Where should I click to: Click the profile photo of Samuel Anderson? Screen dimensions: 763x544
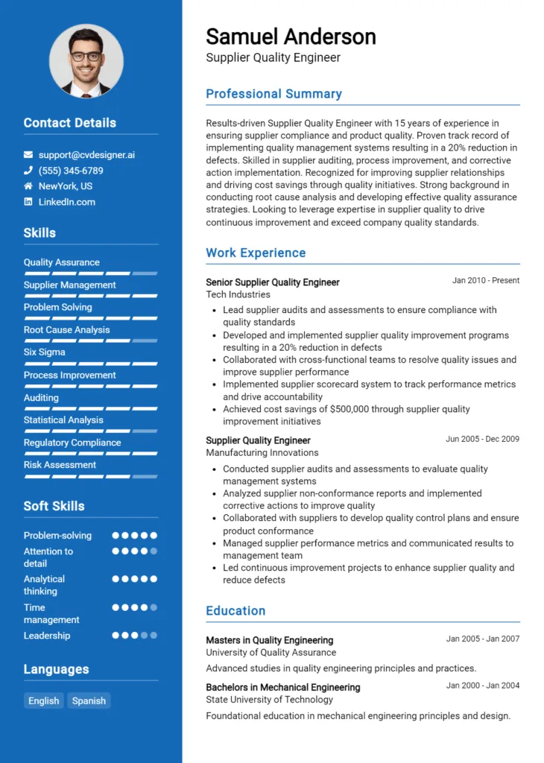pos(86,61)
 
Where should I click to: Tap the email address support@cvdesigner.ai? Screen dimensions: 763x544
pos(86,155)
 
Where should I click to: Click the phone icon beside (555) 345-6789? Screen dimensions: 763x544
pos(28,171)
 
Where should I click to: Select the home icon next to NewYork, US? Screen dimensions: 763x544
pos(28,186)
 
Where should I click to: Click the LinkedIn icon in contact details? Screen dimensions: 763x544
pos(28,202)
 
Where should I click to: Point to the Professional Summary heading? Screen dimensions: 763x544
pos(273,94)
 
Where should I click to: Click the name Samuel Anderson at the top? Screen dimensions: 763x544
pos(291,37)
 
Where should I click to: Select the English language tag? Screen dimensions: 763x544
pos(44,700)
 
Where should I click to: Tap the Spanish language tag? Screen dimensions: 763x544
pos(89,700)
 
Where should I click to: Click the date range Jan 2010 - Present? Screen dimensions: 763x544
pos(485,281)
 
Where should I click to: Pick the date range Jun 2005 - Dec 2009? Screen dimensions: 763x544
pos(482,439)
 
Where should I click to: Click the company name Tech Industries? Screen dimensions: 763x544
pos(238,294)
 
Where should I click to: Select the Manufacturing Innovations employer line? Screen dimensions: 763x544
pos(262,452)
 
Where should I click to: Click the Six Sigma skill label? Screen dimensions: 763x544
pos(44,352)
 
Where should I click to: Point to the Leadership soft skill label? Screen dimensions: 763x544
pos(47,636)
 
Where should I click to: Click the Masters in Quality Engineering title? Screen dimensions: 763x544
pos(269,640)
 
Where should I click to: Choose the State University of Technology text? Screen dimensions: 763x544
pos(269,700)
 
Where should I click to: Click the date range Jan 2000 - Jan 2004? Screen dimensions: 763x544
pos(482,686)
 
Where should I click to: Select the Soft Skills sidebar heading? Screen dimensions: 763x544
pos(54,506)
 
